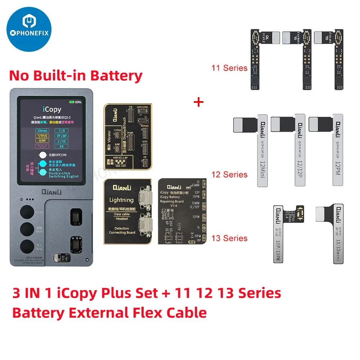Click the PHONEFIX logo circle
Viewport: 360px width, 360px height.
click(x=30, y=30)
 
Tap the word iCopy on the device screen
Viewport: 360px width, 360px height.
click(x=51, y=109)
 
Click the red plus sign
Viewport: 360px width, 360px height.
click(x=198, y=102)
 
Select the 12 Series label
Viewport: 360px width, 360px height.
click(x=230, y=175)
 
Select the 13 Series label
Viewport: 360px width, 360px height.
click(x=230, y=238)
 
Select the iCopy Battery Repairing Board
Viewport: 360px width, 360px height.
click(x=182, y=211)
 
